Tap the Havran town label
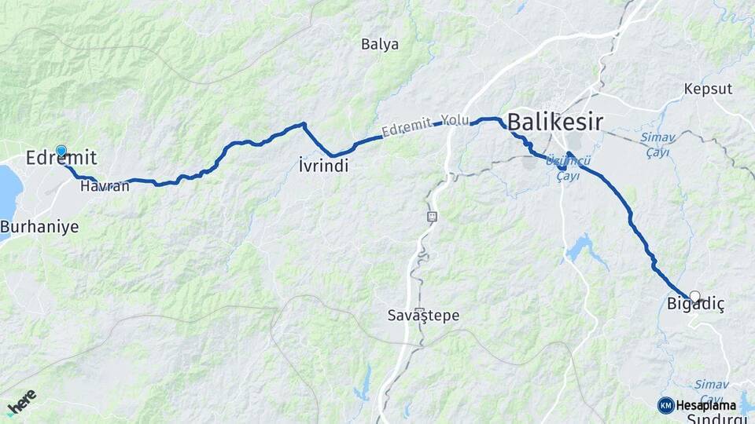tap(104, 186)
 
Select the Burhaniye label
tap(39, 227)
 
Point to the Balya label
tap(380, 45)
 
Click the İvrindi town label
tap(323, 166)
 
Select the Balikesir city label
tap(555, 122)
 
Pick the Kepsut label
tap(708, 89)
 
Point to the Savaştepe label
tap(423, 316)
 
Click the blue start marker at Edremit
tap(61, 151)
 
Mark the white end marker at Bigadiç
tap(694, 297)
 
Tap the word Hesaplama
tap(705, 405)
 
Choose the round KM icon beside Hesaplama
tap(665, 405)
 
